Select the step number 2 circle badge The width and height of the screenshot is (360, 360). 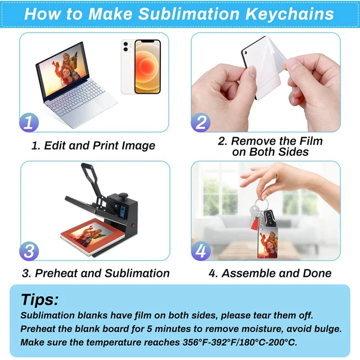click(x=201, y=122)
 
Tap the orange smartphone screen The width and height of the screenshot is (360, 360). click(x=148, y=67)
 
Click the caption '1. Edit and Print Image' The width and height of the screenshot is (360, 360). click(x=93, y=146)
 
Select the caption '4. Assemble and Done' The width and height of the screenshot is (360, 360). click(x=270, y=273)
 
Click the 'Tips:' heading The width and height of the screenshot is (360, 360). click(x=40, y=300)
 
